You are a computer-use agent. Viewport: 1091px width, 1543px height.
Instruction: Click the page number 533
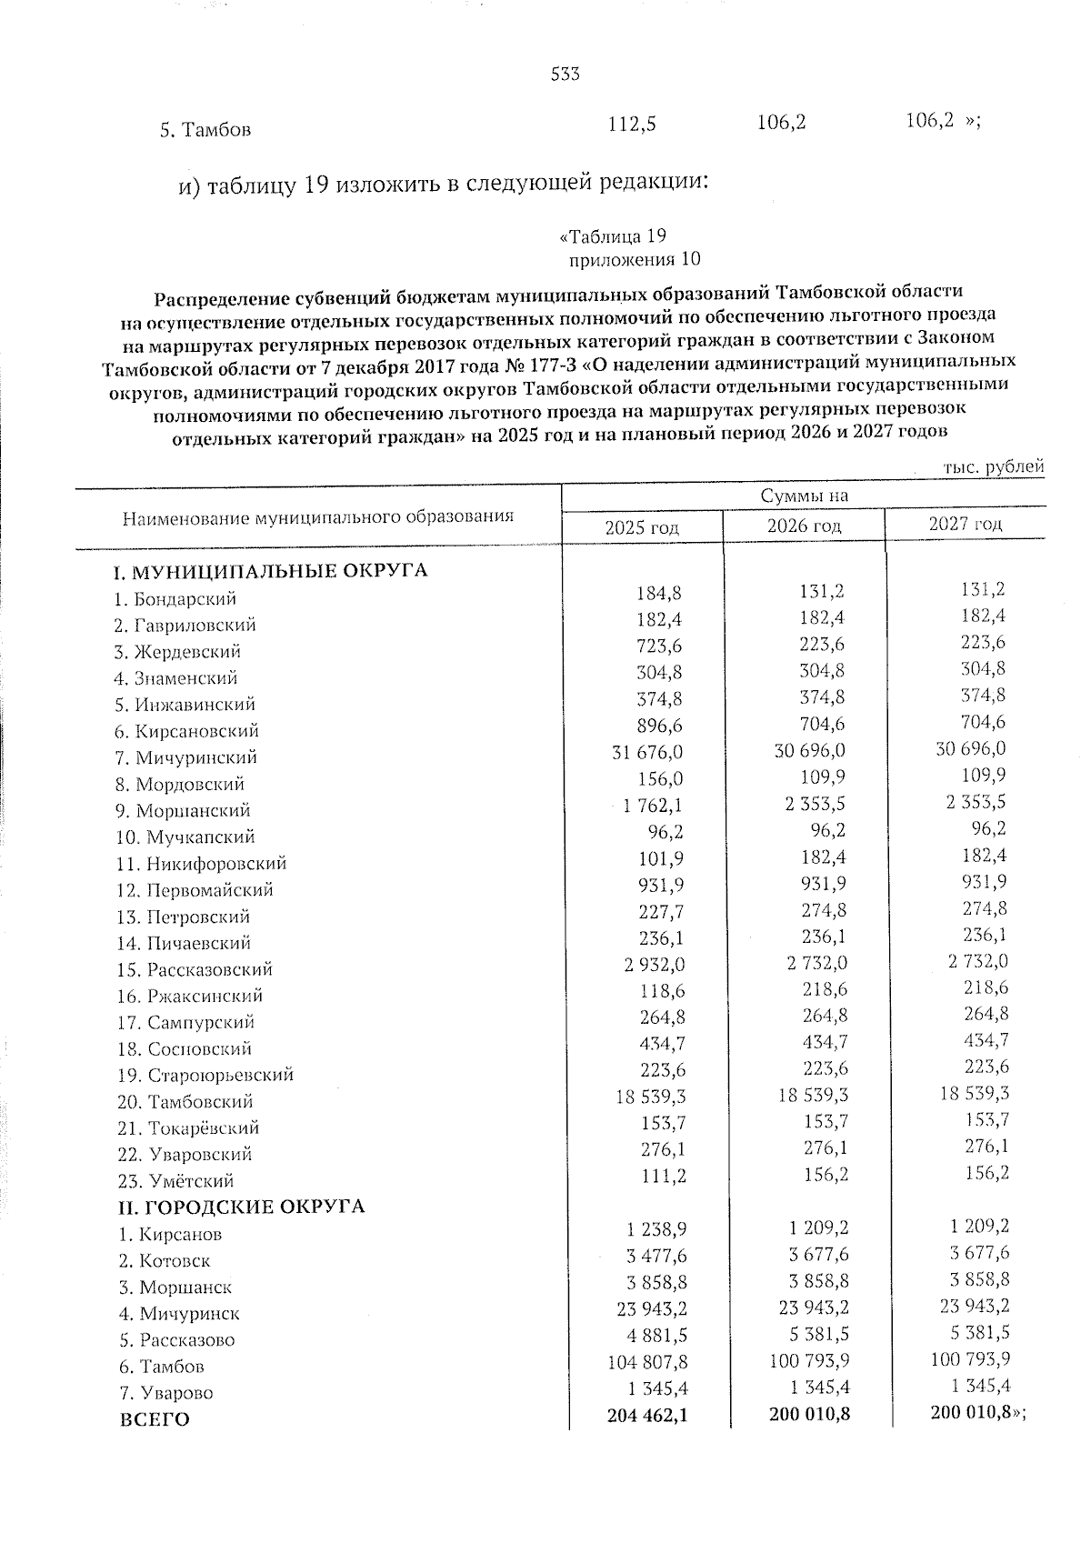point(565,75)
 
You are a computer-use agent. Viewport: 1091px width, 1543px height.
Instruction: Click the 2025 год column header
point(642,527)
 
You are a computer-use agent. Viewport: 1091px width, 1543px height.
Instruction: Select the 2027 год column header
point(965,524)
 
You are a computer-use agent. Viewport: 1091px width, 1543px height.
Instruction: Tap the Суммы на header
point(804,496)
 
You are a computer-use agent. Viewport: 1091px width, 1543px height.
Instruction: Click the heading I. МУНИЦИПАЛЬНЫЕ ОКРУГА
point(269,572)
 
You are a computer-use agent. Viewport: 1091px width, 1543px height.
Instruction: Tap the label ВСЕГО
point(155,1419)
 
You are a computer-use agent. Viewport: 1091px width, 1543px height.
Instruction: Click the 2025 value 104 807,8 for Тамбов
point(646,1363)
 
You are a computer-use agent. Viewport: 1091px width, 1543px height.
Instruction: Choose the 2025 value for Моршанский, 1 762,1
point(653,806)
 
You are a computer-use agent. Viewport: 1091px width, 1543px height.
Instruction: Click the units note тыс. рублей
point(993,466)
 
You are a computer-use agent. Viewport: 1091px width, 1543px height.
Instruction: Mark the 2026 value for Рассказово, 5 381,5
point(816,1333)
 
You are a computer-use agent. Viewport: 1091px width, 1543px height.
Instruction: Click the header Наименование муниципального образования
point(317,517)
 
